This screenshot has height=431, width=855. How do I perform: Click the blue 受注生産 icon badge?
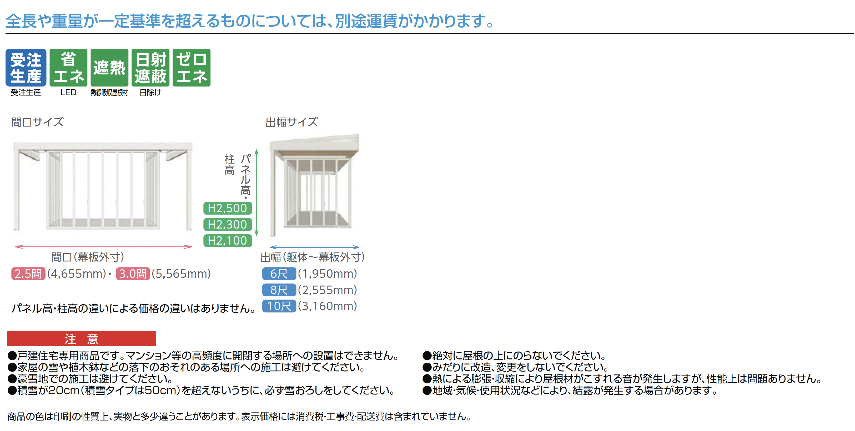(x=26, y=68)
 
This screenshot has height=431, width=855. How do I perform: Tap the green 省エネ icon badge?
(x=68, y=68)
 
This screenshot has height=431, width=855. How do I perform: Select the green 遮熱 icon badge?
(x=109, y=68)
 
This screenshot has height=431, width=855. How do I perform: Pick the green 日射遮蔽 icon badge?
(x=150, y=68)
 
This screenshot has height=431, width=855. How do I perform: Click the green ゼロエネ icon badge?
(x=192, y=68)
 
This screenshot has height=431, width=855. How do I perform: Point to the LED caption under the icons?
(x=68, y=93)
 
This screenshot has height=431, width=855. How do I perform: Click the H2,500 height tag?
(x=228, y=208)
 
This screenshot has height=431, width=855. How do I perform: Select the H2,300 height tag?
(x=228, y=225)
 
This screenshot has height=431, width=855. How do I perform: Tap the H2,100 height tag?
(x=228, y=241)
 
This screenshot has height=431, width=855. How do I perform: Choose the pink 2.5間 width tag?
(x=28, y=274)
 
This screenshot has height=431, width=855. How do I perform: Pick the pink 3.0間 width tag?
(x=133, y=274)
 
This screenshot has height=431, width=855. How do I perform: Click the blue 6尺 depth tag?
(x=279, y=274)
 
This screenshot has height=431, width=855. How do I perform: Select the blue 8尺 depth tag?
(x=279, y=290)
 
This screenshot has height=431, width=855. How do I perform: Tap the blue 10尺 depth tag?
(x=279, y=306)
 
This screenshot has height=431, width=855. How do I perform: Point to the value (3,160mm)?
(x=328, y=306)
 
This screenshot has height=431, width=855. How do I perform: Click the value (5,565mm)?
(x=181, y=274)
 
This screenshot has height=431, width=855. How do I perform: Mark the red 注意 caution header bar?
(x=82, y=339)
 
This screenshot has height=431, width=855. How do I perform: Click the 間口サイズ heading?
(x=37, y=122)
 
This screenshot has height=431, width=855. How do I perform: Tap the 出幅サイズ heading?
(x=291, y=122)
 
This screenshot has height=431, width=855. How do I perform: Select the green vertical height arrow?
(x=256, y=193)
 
